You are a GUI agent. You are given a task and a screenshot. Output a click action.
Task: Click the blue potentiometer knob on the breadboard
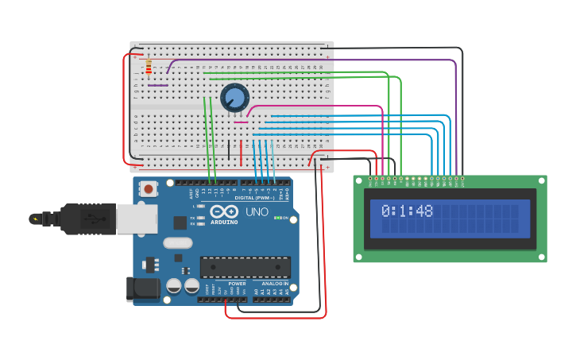point(234,98)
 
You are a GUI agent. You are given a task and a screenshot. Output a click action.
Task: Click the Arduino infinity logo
point(226,212)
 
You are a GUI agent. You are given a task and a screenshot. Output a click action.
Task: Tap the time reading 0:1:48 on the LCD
point(407,211)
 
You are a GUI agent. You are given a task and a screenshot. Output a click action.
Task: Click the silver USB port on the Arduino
point(136,219)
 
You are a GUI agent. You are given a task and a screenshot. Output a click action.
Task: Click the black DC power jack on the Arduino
point(144,288)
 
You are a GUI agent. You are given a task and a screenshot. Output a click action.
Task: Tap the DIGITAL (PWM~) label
point(256,198)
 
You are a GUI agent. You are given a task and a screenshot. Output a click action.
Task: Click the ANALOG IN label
point(275,283)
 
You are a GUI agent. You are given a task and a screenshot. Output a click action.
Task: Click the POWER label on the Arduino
point(237,283)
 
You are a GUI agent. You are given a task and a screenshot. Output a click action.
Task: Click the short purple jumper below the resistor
point(157,85)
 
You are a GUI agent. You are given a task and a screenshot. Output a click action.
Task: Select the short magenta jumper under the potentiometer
point(241,122)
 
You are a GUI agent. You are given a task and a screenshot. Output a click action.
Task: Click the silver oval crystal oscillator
point(178,243)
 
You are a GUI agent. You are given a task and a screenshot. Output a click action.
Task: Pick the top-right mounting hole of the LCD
point(540,181)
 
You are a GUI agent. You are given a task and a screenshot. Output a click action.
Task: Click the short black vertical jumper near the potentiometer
point(229,149)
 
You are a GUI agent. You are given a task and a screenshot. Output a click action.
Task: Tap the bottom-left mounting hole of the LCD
point(360,256)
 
